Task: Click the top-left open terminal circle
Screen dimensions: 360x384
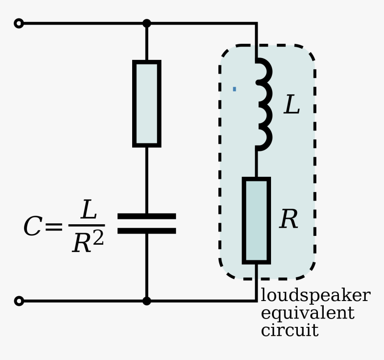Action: point(19,23)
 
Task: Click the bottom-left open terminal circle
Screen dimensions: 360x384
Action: point(19,301)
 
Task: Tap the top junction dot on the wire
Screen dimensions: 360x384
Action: point(146,23)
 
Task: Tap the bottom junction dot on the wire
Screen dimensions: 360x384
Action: point(146,301)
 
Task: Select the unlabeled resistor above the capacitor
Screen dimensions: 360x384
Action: point(146,104)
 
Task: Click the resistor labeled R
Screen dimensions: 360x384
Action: point(256,220)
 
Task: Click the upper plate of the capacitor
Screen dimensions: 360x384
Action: point(146,216)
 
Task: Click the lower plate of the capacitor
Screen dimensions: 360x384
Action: point(146,231)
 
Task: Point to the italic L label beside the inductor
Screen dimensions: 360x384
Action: point(292,106)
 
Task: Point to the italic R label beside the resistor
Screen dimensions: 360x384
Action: point(288,219)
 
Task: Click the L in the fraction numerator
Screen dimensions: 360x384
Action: point(88,209)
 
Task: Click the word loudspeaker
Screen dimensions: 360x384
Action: point(315,296)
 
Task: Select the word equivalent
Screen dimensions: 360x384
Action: point(307,313)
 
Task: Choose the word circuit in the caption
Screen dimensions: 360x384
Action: point(289,331)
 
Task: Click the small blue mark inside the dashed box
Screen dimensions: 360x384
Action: point(234,89)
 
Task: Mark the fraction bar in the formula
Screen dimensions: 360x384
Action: point(87,226)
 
